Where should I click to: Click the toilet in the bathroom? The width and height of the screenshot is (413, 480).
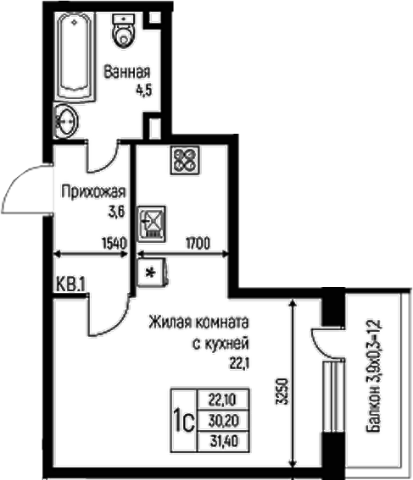[126, 30]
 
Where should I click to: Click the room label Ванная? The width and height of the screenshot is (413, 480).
[127, 71]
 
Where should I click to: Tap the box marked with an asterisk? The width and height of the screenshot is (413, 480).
[152, 273]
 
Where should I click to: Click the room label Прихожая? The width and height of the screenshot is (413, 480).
[93, 190]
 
